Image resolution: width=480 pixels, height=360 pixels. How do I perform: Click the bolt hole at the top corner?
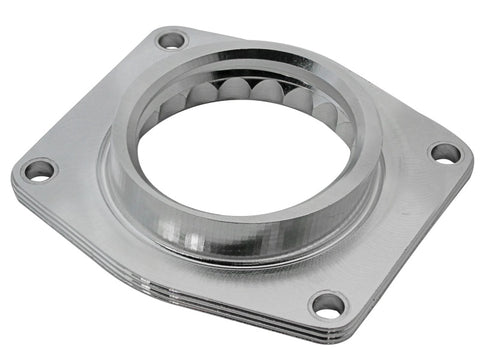click(x=172, y=41)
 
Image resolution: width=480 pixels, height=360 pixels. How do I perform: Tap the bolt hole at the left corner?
click(x=39, y=170)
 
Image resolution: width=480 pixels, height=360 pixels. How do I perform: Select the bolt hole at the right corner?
click(x=445, y=153)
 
